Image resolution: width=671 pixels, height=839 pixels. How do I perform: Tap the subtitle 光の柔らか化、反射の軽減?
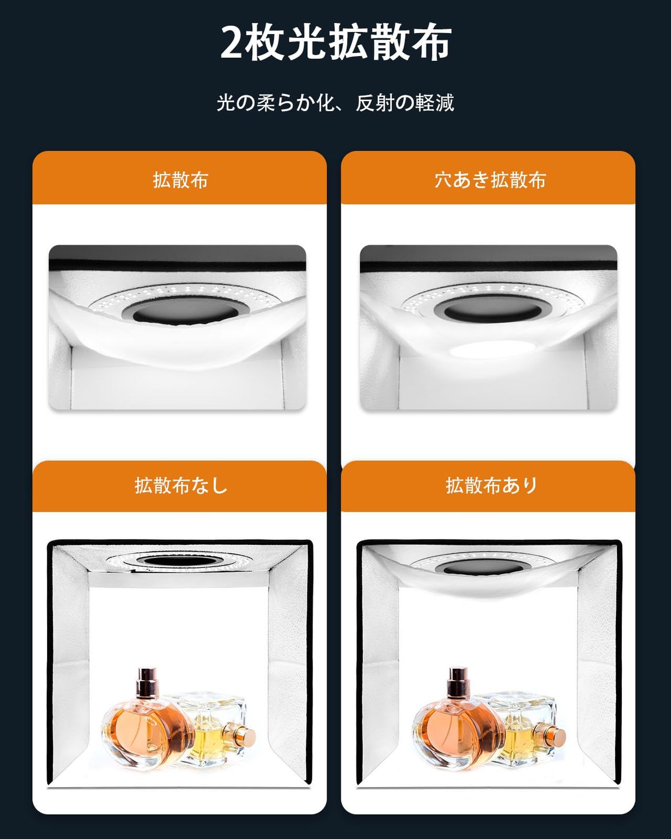coord(335,103)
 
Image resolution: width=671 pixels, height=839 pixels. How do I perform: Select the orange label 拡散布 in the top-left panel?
coord(180,180)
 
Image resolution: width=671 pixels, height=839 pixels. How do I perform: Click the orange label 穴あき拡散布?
coord(490,180)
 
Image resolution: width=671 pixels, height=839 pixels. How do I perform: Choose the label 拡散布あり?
coord(491,485)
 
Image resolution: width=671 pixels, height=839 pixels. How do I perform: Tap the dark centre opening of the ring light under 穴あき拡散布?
coord(489,309)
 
